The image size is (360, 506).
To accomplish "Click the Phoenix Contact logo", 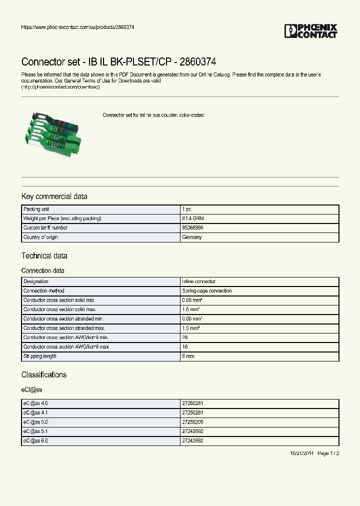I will [310, 31].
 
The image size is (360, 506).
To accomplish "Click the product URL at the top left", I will [77, 27].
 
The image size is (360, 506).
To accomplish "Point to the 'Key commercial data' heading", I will [54, 196].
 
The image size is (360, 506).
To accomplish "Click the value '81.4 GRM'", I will [193, 218].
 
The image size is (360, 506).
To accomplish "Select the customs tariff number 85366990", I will [193, 228].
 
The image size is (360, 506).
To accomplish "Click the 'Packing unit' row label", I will [36, 209].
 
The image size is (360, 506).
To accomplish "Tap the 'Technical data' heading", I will [44, 256].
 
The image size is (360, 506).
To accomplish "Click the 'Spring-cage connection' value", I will [207, 291].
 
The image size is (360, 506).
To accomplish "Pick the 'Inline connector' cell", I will [199, 281].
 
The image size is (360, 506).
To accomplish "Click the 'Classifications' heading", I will [43, 375].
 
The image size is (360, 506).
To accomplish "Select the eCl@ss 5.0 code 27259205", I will [192, 422].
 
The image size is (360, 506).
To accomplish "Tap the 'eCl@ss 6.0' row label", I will [35, 441].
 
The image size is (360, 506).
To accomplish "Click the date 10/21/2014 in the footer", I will [301, 453].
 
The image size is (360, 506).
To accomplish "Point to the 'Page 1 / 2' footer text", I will [328, 453].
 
